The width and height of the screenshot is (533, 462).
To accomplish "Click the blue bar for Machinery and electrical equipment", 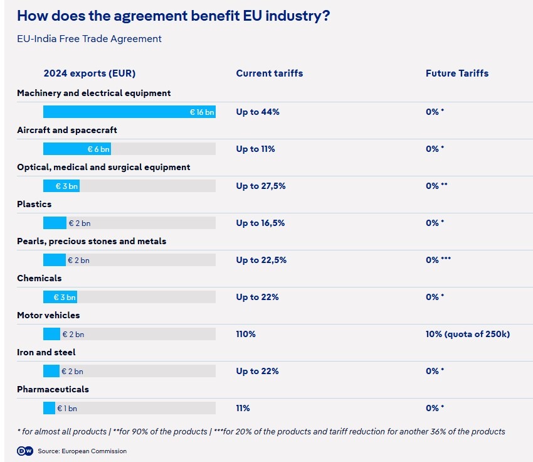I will [x=129, y=112].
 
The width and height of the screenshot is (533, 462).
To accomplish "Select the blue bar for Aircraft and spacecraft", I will [x=77, y=149].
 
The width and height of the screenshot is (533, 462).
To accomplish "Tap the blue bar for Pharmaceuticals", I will [x=49, y=409].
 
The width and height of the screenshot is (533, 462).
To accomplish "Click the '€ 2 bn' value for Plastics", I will [x=80, y=223].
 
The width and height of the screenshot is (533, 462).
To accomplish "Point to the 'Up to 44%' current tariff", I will [x=258, y=112].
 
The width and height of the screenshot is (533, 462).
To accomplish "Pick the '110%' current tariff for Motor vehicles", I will [x=246, y=335].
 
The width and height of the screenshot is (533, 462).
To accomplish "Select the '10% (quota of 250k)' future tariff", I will [x=468, y=335].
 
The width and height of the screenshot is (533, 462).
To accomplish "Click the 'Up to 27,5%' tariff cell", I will [x=261, y=186].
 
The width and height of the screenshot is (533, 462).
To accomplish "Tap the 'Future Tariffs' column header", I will [x=457, y=73].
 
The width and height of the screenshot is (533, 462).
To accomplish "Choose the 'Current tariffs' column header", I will [x=270, y=73].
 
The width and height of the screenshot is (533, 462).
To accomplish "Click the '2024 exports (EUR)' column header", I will [x=90, y=73].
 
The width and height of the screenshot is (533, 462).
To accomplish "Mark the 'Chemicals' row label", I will [x=40, y=278].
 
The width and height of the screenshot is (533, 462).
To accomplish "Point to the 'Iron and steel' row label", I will [x=46, y=352].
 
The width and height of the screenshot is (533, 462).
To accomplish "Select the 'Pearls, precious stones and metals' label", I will [x=92, y=241].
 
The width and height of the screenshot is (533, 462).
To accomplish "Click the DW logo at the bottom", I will [x=24, y=451].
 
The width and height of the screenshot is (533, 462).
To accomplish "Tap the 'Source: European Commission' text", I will [x=82, y=451].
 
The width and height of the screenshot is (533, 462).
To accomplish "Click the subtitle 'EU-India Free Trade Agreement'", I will [x=89, y=39].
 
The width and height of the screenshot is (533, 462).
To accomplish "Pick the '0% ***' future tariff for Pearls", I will [x=438, y=261].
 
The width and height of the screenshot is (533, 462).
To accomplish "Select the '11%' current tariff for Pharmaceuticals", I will [x=243, y=409].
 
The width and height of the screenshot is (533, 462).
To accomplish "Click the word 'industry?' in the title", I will [x=297, y=16].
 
